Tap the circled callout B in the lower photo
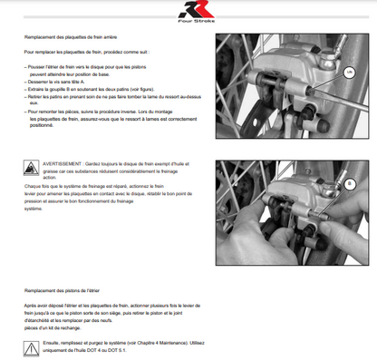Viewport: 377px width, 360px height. (x=348, y=183)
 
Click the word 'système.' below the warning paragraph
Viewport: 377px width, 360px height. (x=34, y=208)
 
